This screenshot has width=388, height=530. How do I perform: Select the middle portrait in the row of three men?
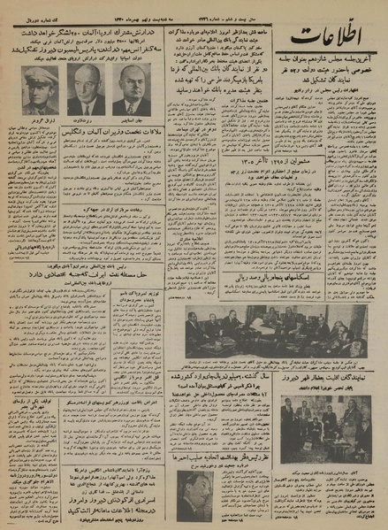coord(86,90)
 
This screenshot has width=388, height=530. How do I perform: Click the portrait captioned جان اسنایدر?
coord(132,90)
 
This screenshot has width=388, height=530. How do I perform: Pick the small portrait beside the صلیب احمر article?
coord(194,495)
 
